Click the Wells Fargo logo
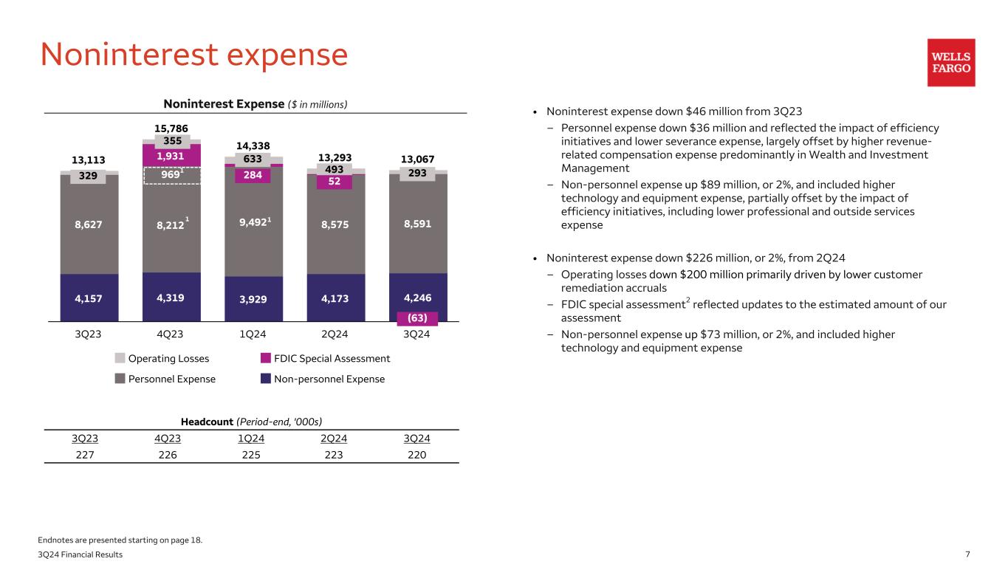[951, 63]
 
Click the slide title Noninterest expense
[193, 55]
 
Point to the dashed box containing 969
[172, 175]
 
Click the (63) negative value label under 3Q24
[418, 318]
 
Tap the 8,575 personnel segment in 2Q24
[335, 224]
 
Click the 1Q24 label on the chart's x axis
[253, 334]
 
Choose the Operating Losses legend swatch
[120, 359]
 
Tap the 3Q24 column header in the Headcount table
[417, 439]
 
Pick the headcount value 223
[335, 455]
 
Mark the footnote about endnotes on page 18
[121, 540]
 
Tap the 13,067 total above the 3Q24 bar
[418, 159]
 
